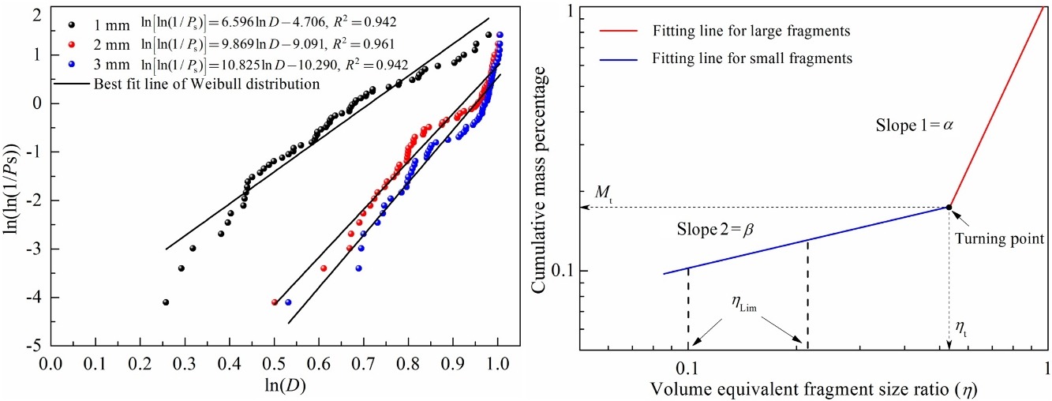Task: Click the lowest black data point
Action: pos(165,302)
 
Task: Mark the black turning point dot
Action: pos(949,208)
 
